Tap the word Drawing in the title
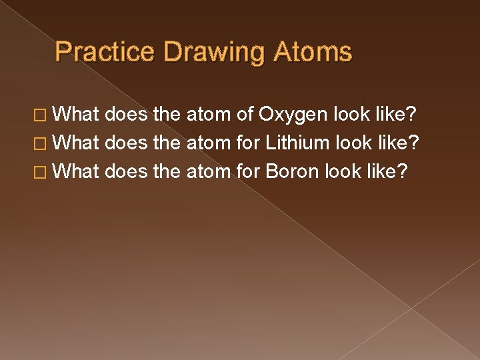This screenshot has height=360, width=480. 205,52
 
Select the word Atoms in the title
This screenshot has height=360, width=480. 310,52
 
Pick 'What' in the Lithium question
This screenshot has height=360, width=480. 75,143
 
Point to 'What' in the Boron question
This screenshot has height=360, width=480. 75,171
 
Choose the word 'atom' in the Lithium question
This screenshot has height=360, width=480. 209,143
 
